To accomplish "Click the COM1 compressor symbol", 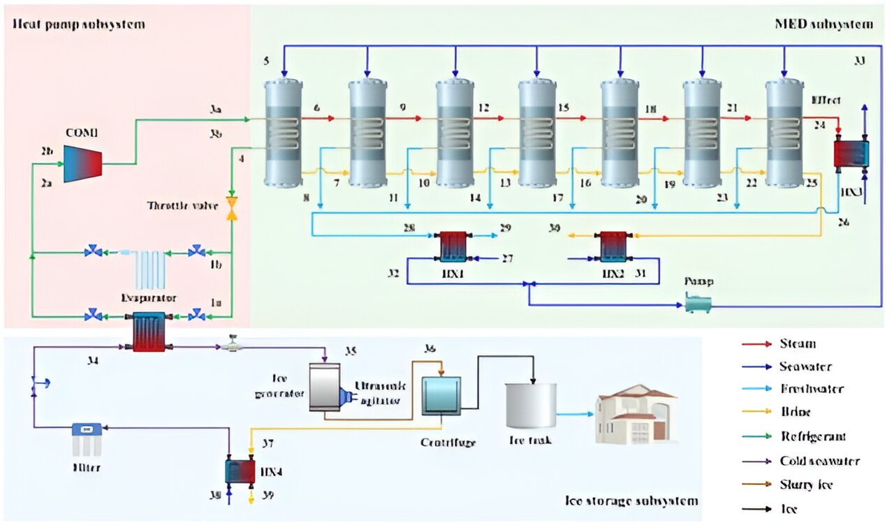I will (82, 164).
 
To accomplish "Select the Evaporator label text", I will (149, 297).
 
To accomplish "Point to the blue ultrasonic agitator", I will (345, 396).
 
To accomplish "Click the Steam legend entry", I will (798, 343).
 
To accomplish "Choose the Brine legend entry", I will (796, 413).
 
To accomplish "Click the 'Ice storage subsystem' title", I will (631, 501).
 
